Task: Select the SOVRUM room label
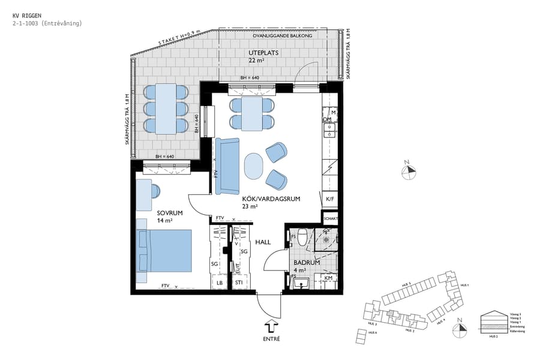[170, 213]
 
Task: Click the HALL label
[263, 242]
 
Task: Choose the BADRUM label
[306, 263]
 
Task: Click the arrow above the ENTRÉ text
[271, 326]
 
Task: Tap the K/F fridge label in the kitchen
[329, 199]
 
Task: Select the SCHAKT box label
[331, 219]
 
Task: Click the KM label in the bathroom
[328, 278]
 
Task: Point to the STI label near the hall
[239, 282]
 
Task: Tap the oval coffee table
[254, 165]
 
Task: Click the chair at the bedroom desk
[155, 191]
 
